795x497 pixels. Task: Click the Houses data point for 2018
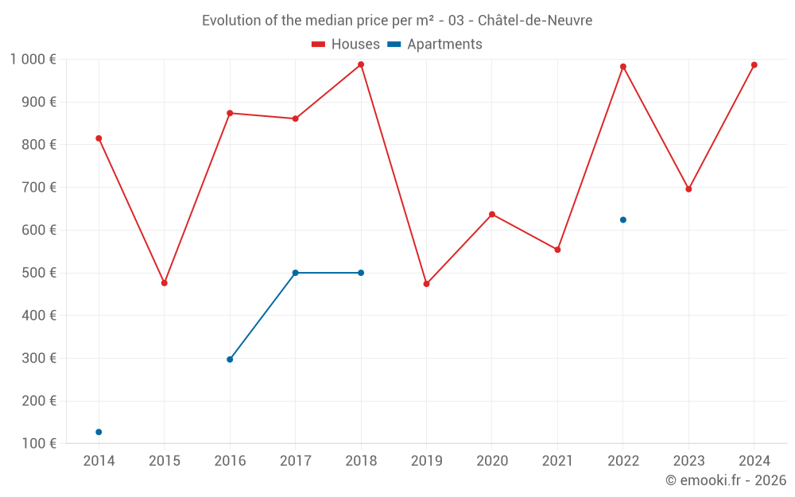coord(361,64)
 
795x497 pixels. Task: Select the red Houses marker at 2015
coord(165,283)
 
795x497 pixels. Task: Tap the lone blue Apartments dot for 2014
coord(99,432)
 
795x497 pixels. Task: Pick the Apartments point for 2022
coord(623,219)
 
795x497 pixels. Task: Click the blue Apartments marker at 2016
coord(230,359)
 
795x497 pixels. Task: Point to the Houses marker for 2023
coord(688,189)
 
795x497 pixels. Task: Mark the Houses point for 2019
coord(427,284)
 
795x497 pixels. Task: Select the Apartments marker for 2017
coord(295,273)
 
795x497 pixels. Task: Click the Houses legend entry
coord(346,45)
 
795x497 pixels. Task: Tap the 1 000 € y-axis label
coord(33,59)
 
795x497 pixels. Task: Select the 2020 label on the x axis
coord(492,461)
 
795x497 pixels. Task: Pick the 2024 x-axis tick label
coord(754,461)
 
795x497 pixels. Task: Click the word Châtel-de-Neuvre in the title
coord(534,21)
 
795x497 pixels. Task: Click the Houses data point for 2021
coord(557,250)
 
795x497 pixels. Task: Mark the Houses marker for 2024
coord(754,65)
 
